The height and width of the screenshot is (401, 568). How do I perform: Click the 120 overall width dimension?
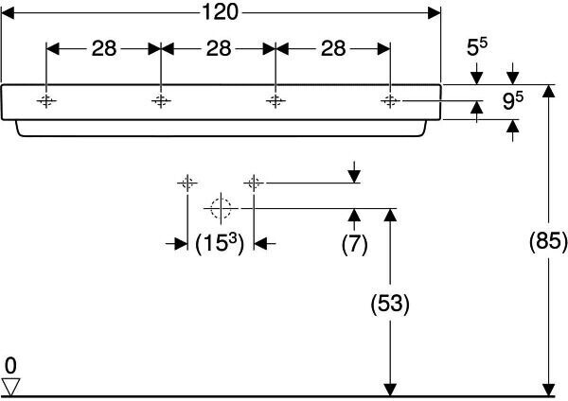220,11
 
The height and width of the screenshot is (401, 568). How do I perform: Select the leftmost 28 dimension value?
104,48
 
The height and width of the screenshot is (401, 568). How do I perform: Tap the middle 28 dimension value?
219,48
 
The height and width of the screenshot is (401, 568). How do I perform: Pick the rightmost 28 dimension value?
333,48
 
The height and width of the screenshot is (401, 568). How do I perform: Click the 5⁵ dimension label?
477,46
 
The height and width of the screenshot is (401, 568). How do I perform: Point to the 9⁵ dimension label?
512,100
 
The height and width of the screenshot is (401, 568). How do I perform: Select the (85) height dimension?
548,240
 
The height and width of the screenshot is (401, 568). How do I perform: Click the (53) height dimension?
390,304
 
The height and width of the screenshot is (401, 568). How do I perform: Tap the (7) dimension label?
354,244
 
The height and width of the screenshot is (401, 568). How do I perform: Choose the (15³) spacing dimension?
220,243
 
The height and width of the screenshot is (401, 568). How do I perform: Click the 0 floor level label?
10,365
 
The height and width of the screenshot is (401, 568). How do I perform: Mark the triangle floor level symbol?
10,387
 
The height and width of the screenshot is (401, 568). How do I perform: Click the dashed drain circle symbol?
221,208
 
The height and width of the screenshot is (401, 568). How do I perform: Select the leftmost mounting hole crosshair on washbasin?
46,100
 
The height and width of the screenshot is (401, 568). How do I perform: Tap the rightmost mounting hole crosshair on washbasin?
390,100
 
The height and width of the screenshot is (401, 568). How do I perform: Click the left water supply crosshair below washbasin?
187,183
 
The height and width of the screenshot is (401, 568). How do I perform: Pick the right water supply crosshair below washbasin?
254,183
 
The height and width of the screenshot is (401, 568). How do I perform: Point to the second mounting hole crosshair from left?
161,100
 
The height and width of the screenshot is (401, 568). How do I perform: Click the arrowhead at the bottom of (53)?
390,390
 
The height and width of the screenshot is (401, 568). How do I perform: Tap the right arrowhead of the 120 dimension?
434,13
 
